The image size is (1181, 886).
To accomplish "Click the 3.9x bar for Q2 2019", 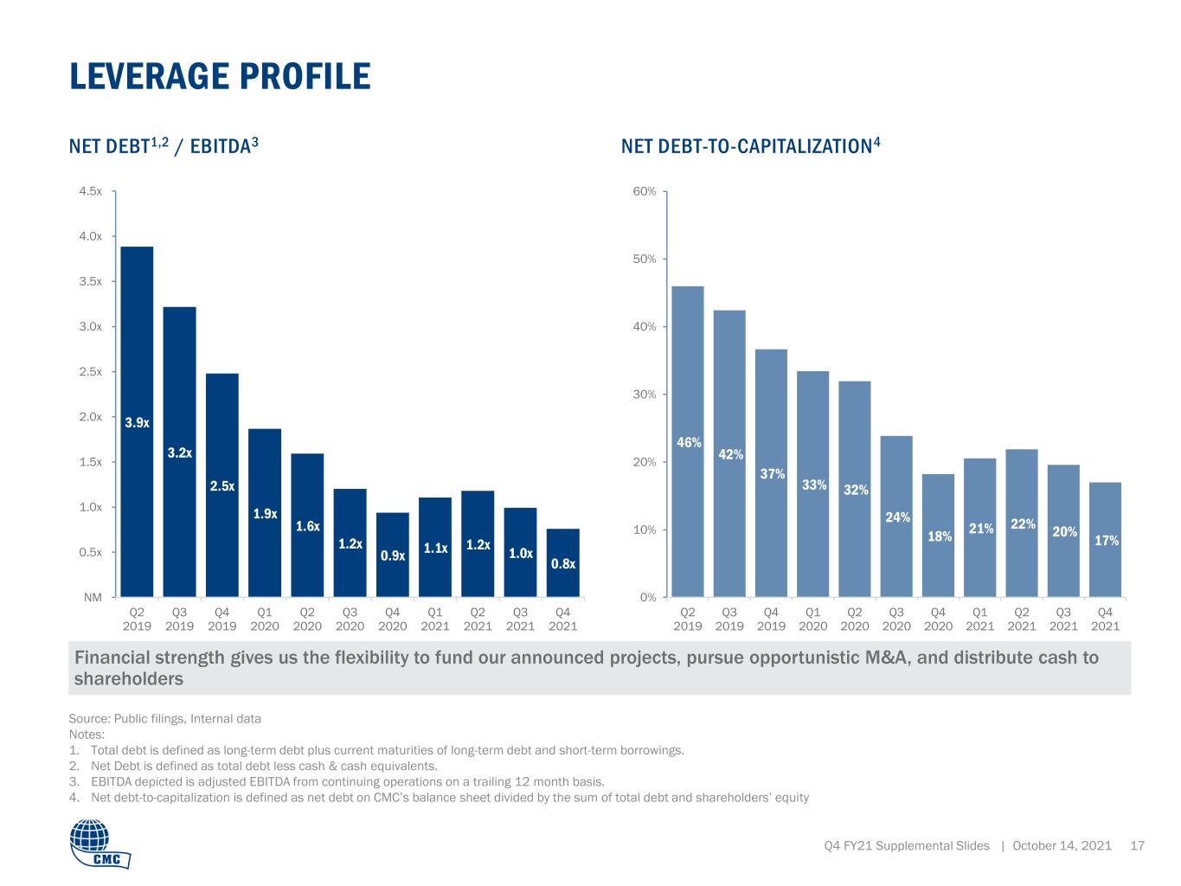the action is pos(137,421).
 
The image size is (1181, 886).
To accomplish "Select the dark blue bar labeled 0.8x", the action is pos(562,562).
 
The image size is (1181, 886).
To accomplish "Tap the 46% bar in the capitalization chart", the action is pos(688,441).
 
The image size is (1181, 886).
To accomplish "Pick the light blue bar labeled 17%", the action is pos(1105,539).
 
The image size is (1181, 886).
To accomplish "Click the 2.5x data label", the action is pos(222,485).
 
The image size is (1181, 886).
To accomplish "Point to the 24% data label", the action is pos(897,517).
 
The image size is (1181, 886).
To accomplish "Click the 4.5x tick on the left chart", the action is pos(90,191).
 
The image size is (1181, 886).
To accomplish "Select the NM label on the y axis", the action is pos(93,597).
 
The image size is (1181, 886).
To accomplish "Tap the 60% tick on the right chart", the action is pos(644,191).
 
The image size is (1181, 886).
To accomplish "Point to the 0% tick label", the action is pos(648,597).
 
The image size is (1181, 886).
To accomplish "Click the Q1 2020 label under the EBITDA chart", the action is pos(265,620).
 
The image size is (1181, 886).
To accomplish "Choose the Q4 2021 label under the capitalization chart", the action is pos(1105,620).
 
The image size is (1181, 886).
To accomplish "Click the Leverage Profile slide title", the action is pos(220,76).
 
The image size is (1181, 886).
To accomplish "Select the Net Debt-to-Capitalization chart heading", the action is pos(751,145).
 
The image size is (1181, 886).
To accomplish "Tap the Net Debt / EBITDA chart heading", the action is pos(164,145).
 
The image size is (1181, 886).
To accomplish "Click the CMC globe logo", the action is pos(100,844).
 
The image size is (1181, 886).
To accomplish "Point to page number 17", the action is pos(1137,845).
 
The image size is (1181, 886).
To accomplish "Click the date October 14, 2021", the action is pos(1062,845).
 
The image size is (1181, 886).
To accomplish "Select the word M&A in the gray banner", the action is pos(887,658).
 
